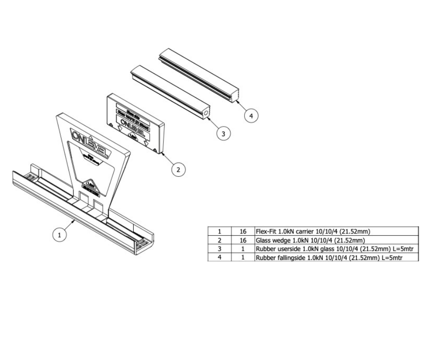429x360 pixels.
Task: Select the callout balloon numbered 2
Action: tap(178, 169)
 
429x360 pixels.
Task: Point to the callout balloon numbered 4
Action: tap(250, 116)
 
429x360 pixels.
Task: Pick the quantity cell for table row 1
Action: tap(243, 232)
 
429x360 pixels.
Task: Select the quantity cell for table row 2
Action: tap(243, 240)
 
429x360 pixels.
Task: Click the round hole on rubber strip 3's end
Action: tap(207, 112)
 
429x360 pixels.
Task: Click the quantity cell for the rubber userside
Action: tap(243, 249)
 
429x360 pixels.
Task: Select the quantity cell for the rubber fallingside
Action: tap(243, 258)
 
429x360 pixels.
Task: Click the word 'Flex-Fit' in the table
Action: tap(266, 232)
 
